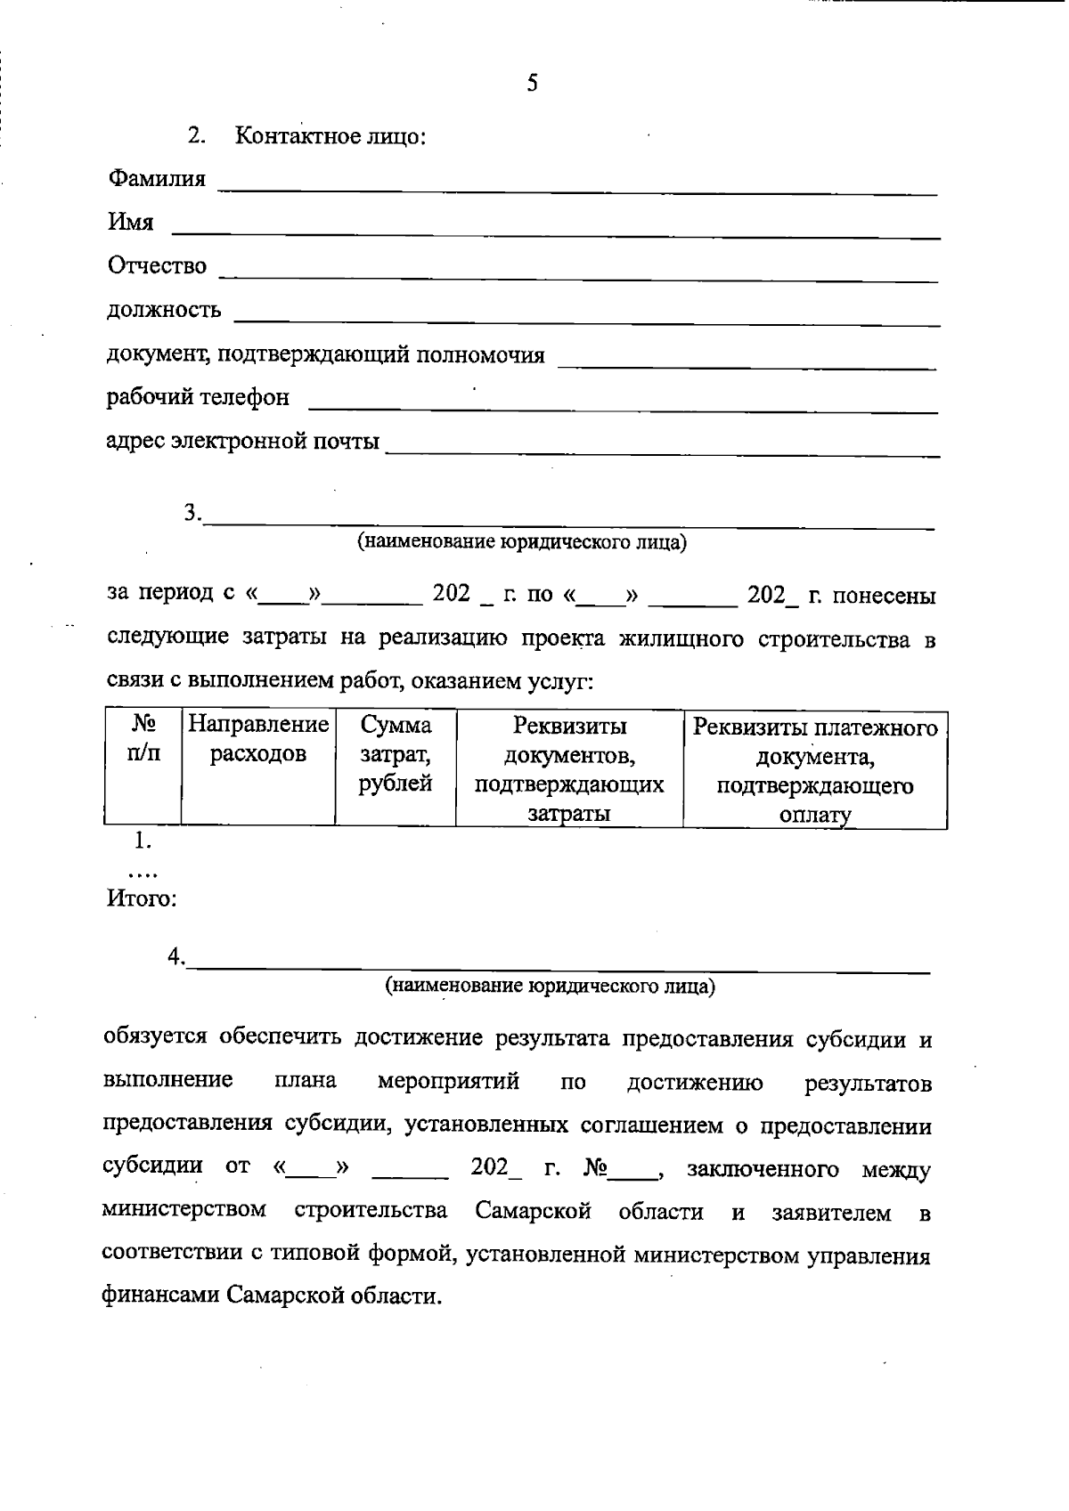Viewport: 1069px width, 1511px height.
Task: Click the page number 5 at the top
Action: (x=532, y=85)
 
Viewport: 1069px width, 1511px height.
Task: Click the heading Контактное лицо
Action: (x=330, y=137)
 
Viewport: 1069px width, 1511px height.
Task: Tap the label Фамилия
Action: (x=157, y=179)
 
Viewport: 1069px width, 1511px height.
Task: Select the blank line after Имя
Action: (x=555, y=233)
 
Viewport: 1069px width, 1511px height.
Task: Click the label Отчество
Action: (x=157, y=266)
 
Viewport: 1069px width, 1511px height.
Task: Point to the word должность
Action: (x=164, y=311)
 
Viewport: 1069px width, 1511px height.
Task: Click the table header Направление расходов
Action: (x=258, y=739)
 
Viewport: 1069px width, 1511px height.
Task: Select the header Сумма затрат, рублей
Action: (x=396, y=754)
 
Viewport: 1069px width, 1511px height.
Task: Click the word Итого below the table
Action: (x=141, y=898)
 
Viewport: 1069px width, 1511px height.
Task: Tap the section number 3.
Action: (x=192, y=513)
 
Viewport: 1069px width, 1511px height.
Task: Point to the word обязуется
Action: (x=156, y=1038)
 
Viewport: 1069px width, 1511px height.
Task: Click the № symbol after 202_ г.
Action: (x=594, y=1168)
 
